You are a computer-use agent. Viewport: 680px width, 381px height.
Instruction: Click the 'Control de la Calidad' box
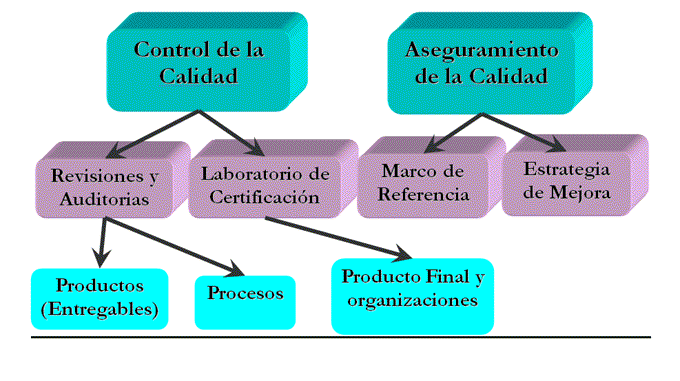coord(200,62)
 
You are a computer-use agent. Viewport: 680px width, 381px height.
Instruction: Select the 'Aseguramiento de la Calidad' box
coord(482,62)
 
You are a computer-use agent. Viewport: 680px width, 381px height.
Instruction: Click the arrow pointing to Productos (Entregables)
coord(101,238)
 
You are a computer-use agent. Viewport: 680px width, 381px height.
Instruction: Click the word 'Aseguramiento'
coord(482,50)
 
